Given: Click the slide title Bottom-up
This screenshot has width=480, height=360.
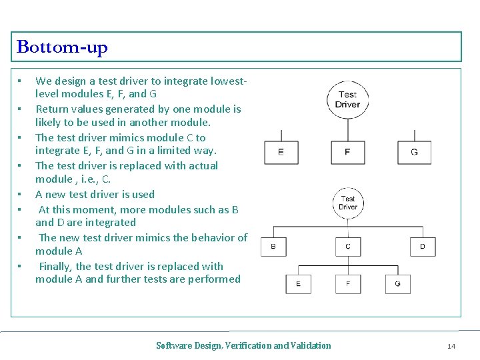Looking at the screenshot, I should pyautogui.click(x=62, y=47).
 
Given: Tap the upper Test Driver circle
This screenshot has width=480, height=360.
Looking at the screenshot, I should pyautogui.click(x=347, y=99).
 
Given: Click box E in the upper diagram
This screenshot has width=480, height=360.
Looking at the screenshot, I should pyautogui.click(x=281, y=152).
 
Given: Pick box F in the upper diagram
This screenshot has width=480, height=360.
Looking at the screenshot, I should pyautogui.click(x=347, y=152).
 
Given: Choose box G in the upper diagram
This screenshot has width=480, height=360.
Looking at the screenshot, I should pyautogui.click(x=414, y=152).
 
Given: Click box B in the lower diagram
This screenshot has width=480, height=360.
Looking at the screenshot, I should pyautogui.click(x=273, y=247).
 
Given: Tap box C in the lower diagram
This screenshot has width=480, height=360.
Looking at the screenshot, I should pyautogui.click(x=348, y=247).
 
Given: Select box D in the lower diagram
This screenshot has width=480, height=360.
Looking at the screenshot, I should pyautogui.click(x=423, y=247).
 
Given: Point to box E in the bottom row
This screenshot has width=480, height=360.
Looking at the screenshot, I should pyautogui.click(x=298, y=284).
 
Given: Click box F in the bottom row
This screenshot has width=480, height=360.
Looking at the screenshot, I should pyautogui.click(x=348, y=284).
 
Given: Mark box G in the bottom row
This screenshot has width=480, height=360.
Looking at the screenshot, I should pyautogui.click(x=398, y=284).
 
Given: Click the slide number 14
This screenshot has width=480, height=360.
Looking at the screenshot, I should pyautogui.click(x=451, y=346).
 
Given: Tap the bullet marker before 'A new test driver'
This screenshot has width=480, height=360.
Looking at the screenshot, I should pyautogui.click(x=21, y=195).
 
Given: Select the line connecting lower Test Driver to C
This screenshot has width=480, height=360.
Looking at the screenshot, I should pyautogui.click(x=348, y=227).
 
